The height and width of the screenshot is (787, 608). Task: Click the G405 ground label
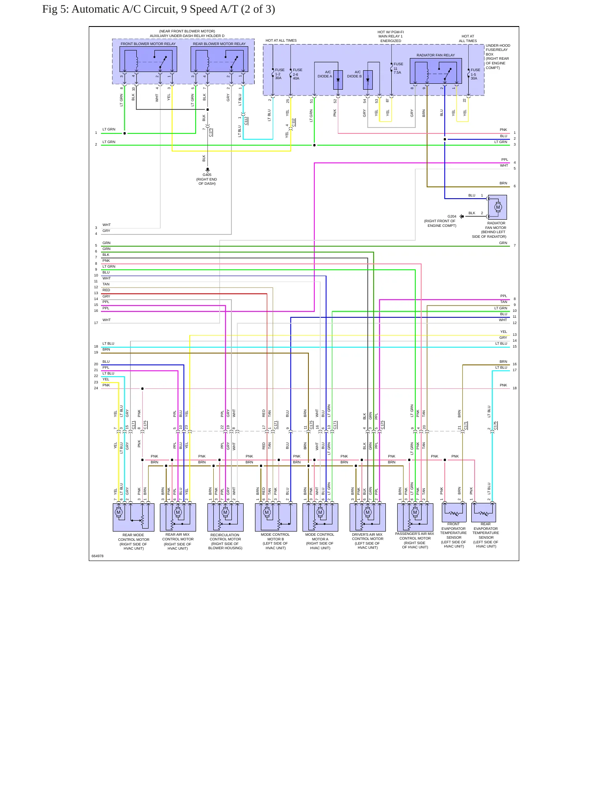pyautogui.click(x=207, y=175)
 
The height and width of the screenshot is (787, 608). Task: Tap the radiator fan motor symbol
pyautogui.click(x=497, y=207)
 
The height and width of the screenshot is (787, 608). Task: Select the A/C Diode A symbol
pyautogui.click(x=338, y=80)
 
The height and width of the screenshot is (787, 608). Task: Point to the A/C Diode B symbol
pyautogui.click(x=368, y=80)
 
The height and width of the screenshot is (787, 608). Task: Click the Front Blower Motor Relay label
pyautogui.click(x=148, y=44)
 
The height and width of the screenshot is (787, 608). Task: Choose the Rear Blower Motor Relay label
pyautogui.click(x=219, y=44)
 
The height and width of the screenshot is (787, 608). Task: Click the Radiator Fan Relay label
pyautogui.click(x=435, y=55)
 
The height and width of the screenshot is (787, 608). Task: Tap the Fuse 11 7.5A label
pyautogui.click(x=398, y=68)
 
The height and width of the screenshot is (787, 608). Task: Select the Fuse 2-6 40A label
pyautogui.click(x=297, y=74)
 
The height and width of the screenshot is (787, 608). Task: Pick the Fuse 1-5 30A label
pyautogui.click(x=475, y=74)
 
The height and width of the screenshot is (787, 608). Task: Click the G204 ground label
pyautogui.click(x=452, y=216)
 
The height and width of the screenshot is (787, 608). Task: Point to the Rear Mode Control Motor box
pyautogui.click(x=133, y=517)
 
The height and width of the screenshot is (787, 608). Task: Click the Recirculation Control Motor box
pyautogui.click(x=226, y=517)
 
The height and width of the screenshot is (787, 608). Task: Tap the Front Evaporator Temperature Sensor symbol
pyautogui.click(x=454, y=513)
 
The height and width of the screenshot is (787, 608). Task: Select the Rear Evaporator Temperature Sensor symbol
pyautogui.click(x=484, y=513)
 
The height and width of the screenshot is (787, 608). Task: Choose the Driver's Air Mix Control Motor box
pyautogui.click(x=368, y=517)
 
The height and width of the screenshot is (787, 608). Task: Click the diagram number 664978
pyautogui.click(x=98, y=556)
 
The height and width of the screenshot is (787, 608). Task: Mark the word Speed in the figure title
pyautogui.click(x=194, y=9)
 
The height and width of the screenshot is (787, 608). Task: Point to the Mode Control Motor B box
pyautogui.click(x=276, y=517)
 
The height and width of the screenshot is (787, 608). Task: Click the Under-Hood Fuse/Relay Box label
pyautogui.click(x=498, y=56)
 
